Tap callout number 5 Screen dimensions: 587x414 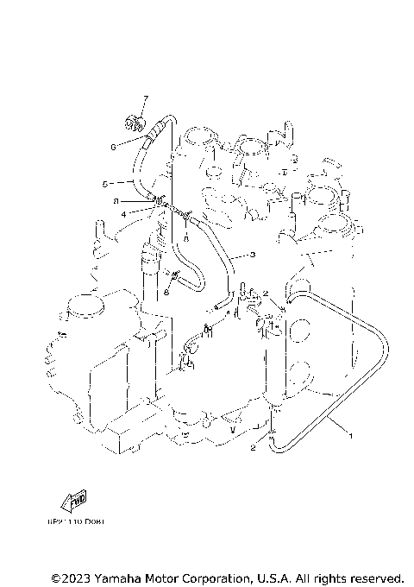tap(105, 183)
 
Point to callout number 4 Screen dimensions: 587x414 tap(124, 213)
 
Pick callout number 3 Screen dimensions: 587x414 tap(253, 255)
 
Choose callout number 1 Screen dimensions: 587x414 tap(350, 437)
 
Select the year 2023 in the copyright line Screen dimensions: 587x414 tap(75, 577)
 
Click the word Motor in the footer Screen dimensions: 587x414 tap(166, 577)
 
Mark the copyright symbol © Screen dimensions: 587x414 tap(55, 577)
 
